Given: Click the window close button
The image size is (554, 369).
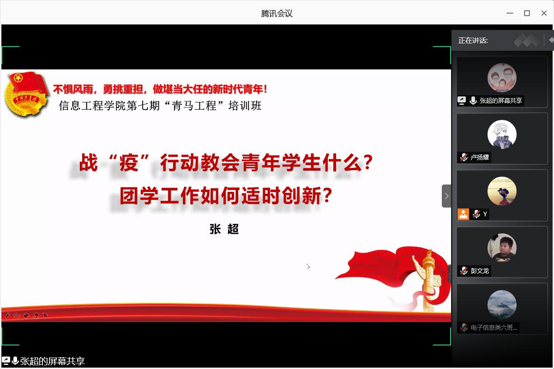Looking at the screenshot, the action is pos(544,13).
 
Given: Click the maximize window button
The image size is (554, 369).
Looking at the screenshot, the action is pos(527,13).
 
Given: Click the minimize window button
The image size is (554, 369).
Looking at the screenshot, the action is pos(510,13).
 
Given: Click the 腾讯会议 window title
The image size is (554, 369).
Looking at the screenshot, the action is pos(277,13).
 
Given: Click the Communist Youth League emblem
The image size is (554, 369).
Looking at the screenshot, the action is pos(26,95).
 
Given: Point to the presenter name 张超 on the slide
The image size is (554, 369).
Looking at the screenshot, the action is pos(224,229).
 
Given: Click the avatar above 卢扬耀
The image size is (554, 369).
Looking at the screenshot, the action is pos(502,134).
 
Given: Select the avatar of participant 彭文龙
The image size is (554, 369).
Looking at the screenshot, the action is pos(502,248).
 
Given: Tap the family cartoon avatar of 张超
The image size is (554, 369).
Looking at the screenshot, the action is pos(502,77).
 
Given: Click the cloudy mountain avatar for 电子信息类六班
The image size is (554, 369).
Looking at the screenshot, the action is pos(502,304).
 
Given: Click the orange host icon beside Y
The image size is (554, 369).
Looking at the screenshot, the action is pos(463,214).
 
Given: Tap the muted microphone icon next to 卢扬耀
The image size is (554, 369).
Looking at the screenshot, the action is pos(464,157).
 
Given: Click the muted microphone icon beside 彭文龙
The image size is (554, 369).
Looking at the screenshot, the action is pos(464,271).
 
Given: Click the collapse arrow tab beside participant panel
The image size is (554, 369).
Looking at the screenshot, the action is pos(446,196).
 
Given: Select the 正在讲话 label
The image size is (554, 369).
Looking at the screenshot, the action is pos(473,41).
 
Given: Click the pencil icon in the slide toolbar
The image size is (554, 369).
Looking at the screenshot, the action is pos(7,315).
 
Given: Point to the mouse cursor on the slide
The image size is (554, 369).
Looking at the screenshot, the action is pos(308,267).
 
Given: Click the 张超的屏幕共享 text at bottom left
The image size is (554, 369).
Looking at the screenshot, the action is pos(53,361).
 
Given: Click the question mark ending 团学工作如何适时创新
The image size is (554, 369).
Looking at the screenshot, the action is pos(327,195).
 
